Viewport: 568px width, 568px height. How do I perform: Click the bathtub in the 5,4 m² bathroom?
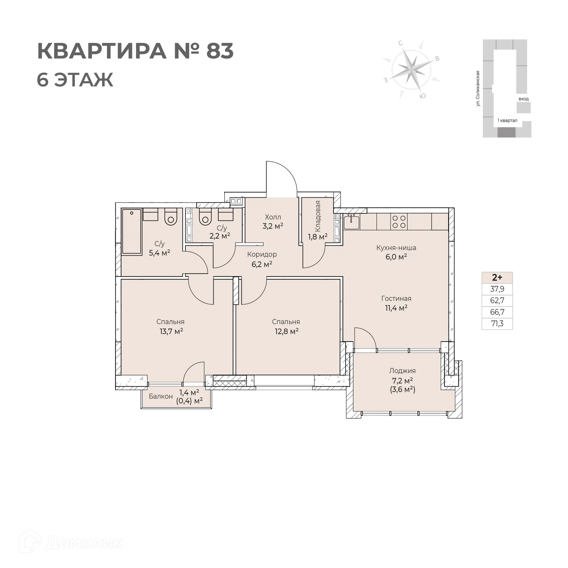tap(132, 232)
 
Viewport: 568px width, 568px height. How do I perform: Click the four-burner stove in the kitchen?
tap(399, 222)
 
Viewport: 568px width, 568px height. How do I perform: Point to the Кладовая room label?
tap(317, 216)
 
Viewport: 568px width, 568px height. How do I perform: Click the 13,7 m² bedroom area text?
tap(171, 331)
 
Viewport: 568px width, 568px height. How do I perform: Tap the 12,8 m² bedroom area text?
tap(286, 331)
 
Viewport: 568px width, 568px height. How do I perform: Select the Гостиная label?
tap(396, 298)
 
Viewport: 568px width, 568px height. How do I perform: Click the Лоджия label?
tap(402, 371)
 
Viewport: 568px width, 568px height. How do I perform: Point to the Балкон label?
tap(161, 396)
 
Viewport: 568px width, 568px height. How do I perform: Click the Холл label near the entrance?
tap(273, 217)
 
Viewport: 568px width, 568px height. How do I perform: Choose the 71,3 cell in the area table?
tap(497, 324)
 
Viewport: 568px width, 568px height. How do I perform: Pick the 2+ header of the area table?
tap(497, 277)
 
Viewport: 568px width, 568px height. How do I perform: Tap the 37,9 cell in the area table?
tap(497, 289)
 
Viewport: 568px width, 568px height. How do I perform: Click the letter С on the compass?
tap(401, 43)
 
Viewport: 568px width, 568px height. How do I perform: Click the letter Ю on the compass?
tap(423, 96)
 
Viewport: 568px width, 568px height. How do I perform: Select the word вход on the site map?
tap(523, 99)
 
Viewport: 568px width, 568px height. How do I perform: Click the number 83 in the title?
tap(220, 51)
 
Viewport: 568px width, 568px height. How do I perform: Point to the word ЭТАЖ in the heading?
tap(83, 80)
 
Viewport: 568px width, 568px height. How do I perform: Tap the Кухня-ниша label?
tap(396, 248)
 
